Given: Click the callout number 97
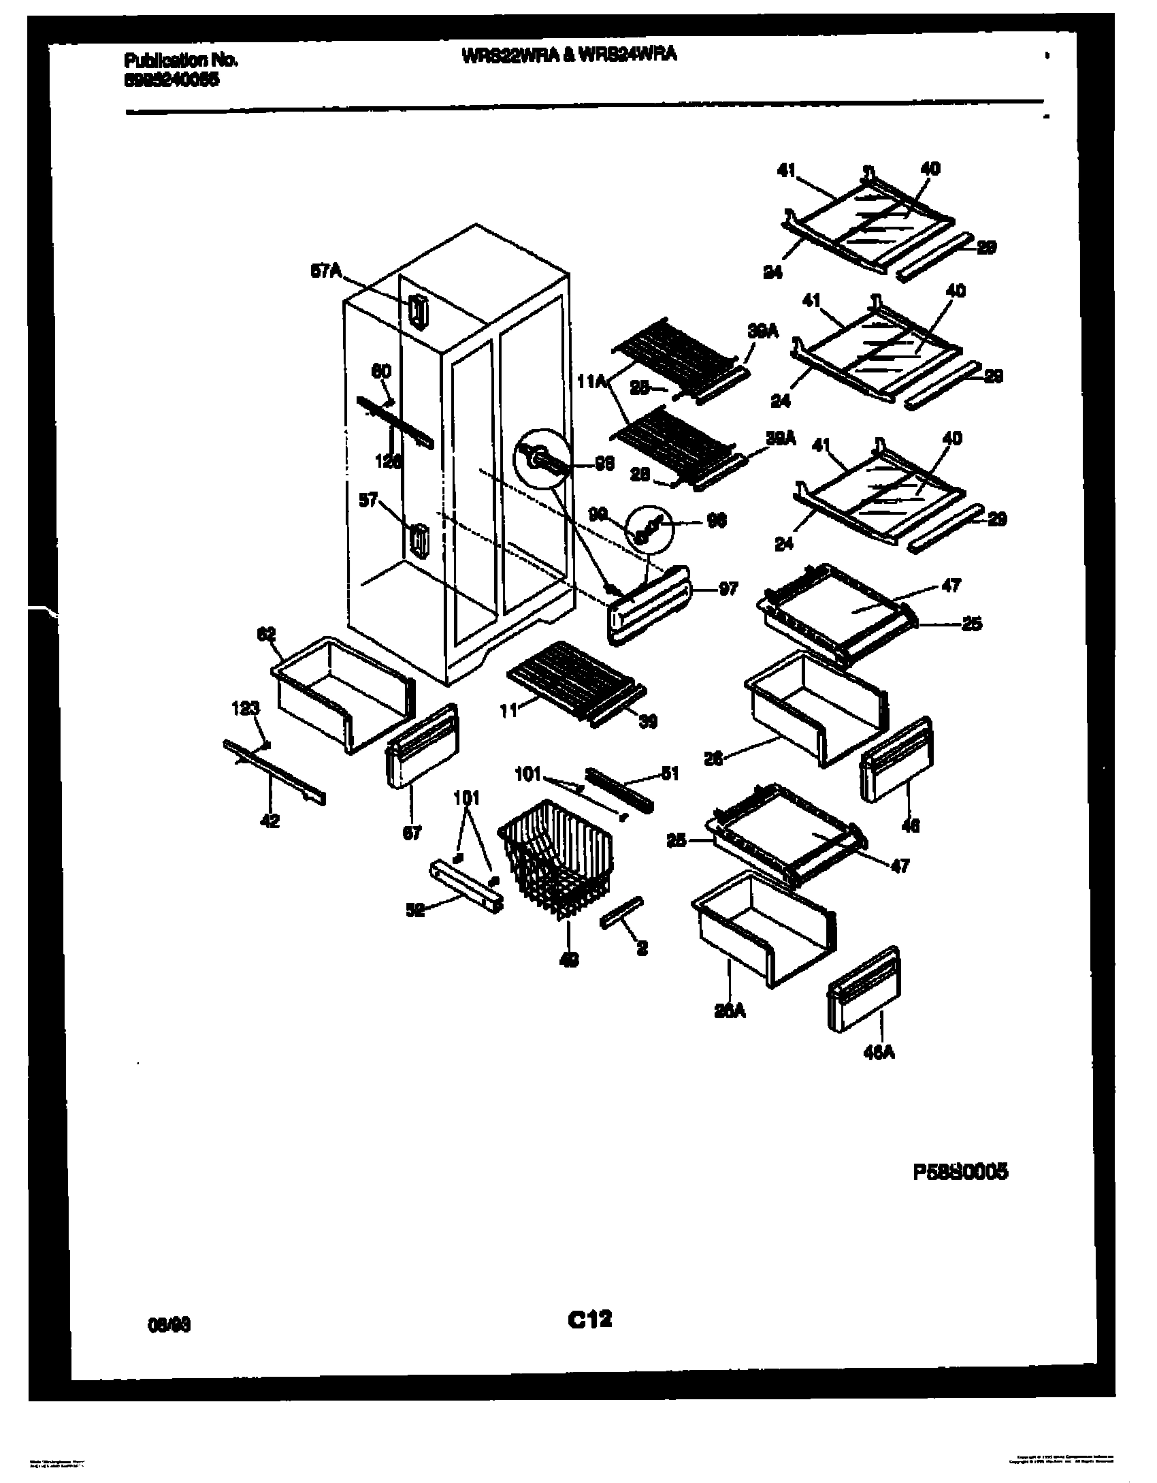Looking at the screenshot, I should [x=728, y=589].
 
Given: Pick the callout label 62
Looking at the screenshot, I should [x=266, y=634].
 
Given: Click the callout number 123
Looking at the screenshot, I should [x=246, y=709].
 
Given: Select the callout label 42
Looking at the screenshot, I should [x=270, y=821].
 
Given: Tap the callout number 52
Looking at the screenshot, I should [x=415, y=910].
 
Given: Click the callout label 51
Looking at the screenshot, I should [x=670, y=774].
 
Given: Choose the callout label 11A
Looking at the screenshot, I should [x=591, y=382].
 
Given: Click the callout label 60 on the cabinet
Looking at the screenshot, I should [x=381, y=372].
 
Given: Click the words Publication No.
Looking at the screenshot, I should [x=181, y=61].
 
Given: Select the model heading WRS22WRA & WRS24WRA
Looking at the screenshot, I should [x=569, y=55].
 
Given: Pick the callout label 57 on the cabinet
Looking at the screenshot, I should [x=368, y=502].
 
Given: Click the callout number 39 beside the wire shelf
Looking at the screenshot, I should [x=648, y=722].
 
